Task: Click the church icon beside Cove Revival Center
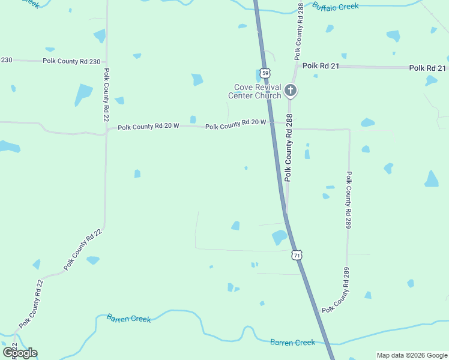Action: click(291, 91)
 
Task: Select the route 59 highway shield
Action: click(266, 73)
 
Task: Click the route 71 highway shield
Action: click(297, 255)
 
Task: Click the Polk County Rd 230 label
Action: click(71, 61)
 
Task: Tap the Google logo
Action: click(20, 352)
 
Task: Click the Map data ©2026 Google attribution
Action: click(412, 355)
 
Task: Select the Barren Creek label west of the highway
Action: click(128, 318)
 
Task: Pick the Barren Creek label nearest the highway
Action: click(292, 342)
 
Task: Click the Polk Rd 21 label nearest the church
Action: click(321, 65)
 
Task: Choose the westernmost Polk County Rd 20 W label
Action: click(148, 127)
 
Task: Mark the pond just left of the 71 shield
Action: click(279, 237)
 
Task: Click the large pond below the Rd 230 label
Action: click(83, 94)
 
